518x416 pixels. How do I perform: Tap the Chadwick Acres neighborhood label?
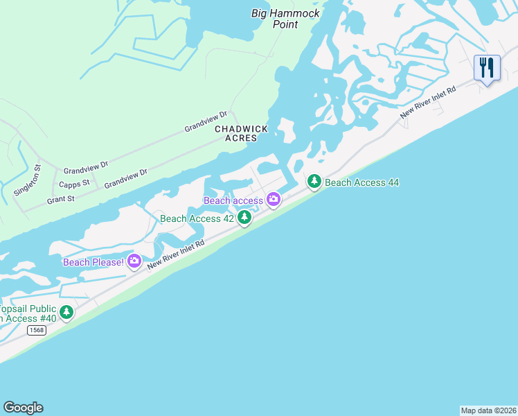pyautogui.click(x=235, y=134)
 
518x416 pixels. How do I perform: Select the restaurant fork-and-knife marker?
pyautogui.click(x=487, y=69)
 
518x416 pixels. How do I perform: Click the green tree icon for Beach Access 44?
pyautogui.click(x=314, y=182)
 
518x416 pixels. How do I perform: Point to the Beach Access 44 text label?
pyautogui.click(x=361, y=183)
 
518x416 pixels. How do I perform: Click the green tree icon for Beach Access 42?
pyautogui.click(x=244, y=218)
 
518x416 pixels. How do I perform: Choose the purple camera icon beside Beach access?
pyautogui.click(x=274, y=200)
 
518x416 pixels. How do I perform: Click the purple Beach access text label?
pyautogui.click(x=233, y=201)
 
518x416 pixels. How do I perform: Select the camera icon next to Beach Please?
pyautogui.click(x=134, y=261)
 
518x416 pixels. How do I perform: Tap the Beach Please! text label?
pyautogui.click(x=93, y=262)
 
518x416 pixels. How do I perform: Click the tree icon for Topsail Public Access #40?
pyautogui.click(x=66, y=313)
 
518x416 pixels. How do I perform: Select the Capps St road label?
pyautogui.click(x=75, y=184)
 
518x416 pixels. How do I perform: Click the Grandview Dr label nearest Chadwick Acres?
pyautogui.click(x=206, y=122)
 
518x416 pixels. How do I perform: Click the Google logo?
pyautogui.click(x=23, y=408)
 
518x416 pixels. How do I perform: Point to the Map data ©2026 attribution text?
pyautogui.click(x=488, y=410)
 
